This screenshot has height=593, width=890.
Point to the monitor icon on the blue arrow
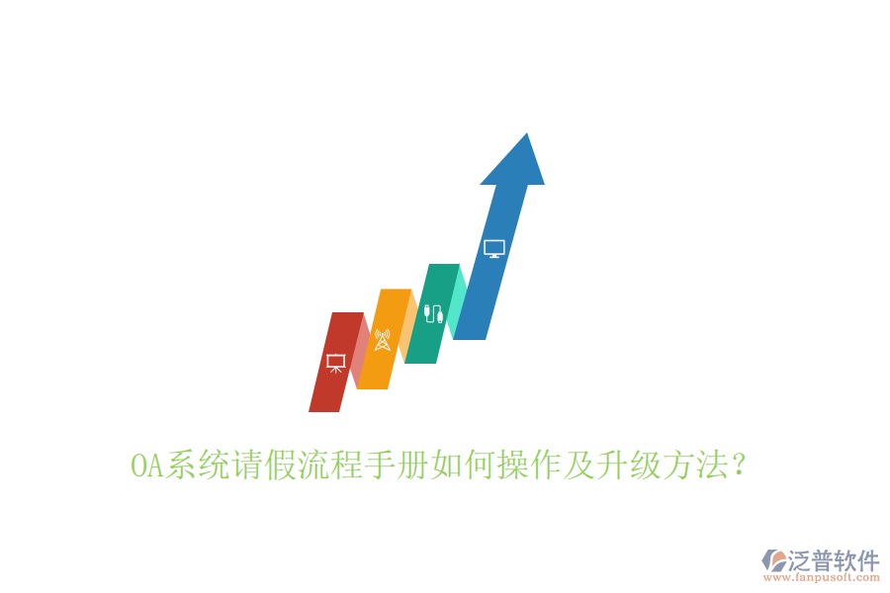tap(494, 248)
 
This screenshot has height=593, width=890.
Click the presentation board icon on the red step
tap(335, 363)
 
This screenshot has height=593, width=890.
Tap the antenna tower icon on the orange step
tap(383, 340)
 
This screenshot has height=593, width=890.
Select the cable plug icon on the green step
tap(432, 313)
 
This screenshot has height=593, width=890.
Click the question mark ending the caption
tap(736, 466)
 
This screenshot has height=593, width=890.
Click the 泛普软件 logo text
tap(834, 560)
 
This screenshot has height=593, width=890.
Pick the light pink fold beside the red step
tap(360, 346)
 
